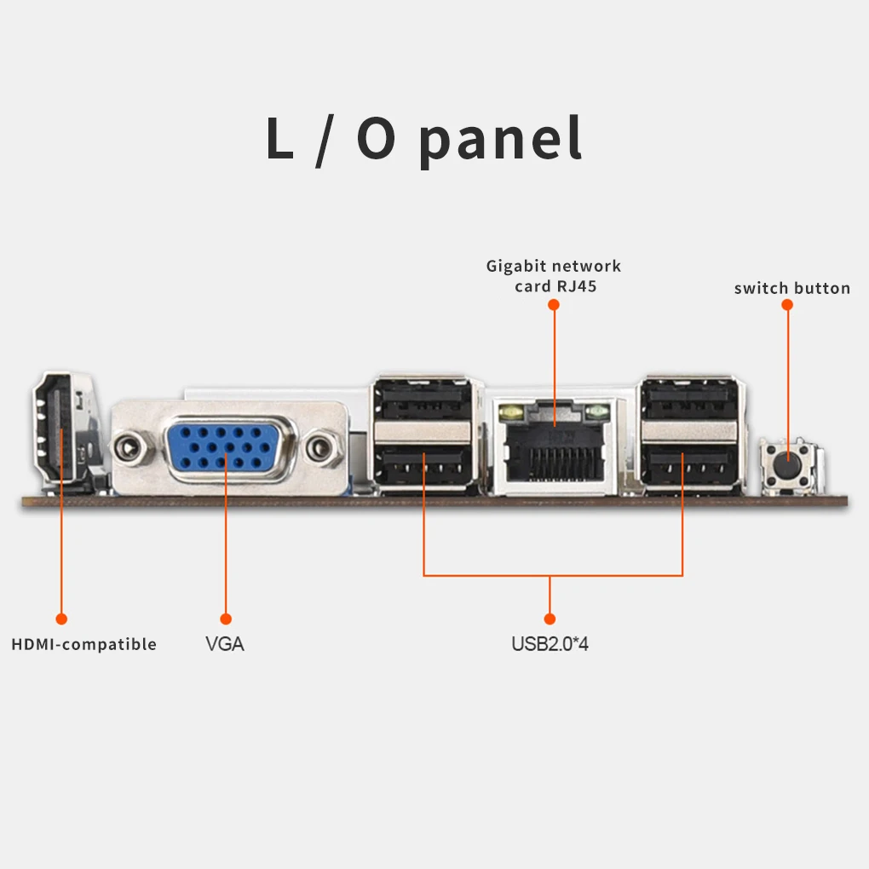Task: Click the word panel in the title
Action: coord(501,140)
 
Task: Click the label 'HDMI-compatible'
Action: coord(83,644)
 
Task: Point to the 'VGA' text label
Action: coord(225,644)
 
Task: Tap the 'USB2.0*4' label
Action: coord(550,644)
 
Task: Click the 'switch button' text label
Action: coord(791,288)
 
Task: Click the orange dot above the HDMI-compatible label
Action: coord(61,619)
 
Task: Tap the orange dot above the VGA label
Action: coord(226,619)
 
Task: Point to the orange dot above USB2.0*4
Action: coord(550,619)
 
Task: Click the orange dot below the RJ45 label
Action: coord(554,303)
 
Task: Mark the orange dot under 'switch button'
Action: coord(787,303)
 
